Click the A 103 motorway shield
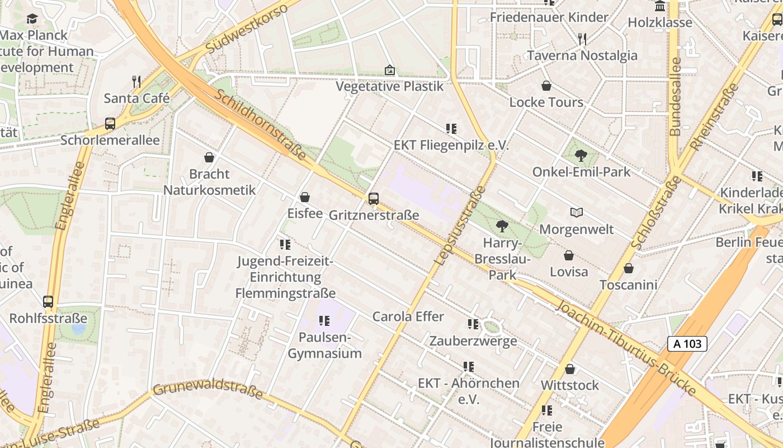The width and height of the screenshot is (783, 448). click(687, 344)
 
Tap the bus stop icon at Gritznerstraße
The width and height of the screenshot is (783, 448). click(374, 198)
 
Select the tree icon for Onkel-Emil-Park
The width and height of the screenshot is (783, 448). click(581, 156)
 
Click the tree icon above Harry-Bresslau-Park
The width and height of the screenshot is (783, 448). click(502, 226)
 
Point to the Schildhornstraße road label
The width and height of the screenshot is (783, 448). click(260, 125)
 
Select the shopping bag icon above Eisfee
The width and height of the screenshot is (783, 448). click(305, 197)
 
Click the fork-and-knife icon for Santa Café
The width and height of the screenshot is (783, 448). click(136, 82)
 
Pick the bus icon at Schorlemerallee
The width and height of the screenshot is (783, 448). click(110, 124)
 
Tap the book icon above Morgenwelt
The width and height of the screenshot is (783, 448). click(577, 213)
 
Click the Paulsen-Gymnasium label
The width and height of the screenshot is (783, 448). click(324, 346)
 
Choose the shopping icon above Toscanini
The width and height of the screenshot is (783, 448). click(629, 268)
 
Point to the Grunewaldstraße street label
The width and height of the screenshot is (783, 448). click(207, 388)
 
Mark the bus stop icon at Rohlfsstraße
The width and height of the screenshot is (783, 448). click(48, 302)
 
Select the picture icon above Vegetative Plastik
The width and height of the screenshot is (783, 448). click(390, 70)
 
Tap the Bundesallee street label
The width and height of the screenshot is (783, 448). click(676, 96)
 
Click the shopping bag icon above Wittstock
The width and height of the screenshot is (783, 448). click(570, 369)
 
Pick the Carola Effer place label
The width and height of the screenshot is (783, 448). click(408, 316)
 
